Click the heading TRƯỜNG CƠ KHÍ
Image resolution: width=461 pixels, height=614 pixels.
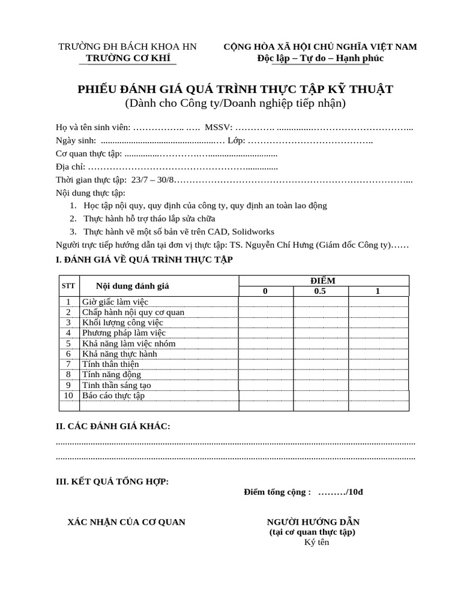click(x=128, y=58)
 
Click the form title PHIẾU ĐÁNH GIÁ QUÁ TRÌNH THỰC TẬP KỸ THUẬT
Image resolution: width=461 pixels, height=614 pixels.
click(x=235, y=89)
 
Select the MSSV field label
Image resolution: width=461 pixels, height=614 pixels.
click(x=218, y=127)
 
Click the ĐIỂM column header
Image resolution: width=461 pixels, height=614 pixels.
click(x=324, y=281)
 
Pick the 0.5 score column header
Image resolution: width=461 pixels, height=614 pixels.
click(x=321, y=291)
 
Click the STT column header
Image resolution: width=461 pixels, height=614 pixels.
click(x=68, y=286)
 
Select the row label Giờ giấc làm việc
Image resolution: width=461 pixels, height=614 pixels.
click(x=115, y=302)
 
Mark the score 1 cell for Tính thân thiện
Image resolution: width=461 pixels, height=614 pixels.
click(x=378, y=364)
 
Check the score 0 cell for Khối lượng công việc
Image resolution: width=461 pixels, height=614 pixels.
click(x=266, y=323)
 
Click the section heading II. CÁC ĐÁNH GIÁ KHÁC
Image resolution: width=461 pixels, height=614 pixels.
click(x=113, y=426)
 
